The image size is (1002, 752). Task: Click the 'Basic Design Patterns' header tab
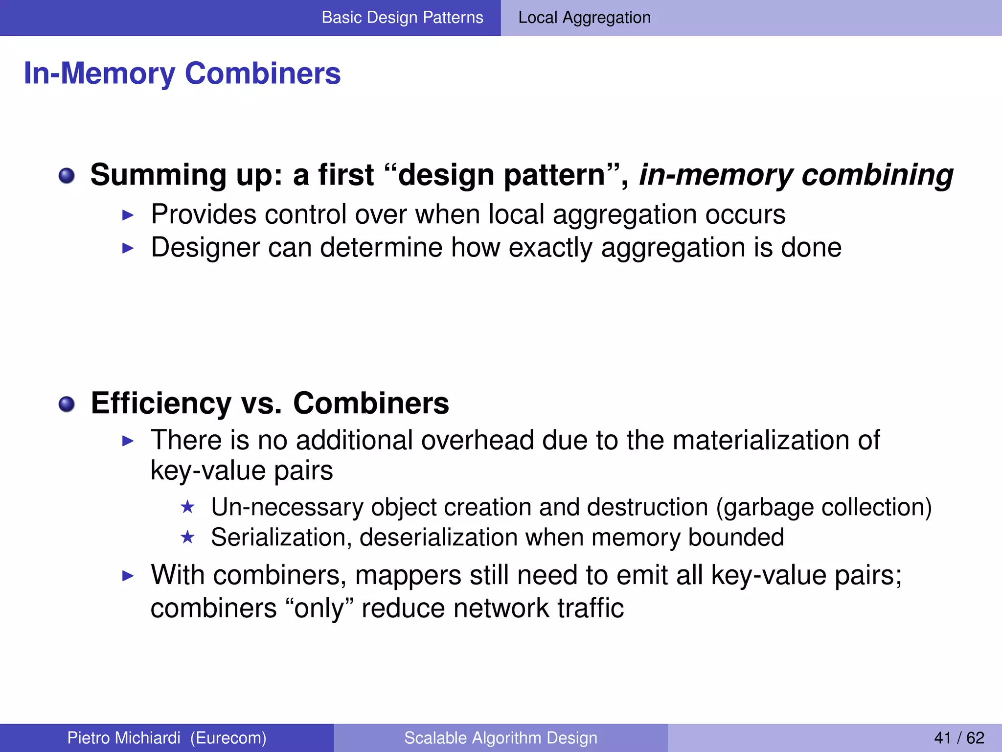tap(402, 18)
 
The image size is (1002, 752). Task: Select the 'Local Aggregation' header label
tap(584, 18)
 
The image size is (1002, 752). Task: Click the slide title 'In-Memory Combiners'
tap(182, 73)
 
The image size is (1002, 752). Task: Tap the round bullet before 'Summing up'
tap(67, 176)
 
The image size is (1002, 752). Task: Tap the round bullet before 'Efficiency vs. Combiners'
tap(67, 404)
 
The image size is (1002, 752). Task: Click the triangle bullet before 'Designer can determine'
tap(128, 248)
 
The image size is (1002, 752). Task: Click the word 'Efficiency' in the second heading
tap(161, 403)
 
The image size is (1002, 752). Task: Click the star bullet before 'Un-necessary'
tap(187, 507)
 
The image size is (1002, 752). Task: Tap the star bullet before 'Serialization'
tap(187, 538)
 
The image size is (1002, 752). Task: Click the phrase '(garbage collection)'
tap(824, 507)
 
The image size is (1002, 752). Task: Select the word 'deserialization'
tap(438, 538)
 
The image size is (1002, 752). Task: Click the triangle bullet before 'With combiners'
tap(128, 576)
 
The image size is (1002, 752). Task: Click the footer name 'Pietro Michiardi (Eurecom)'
tap(167, 738)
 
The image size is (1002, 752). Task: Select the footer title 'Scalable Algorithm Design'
tap(501, 738)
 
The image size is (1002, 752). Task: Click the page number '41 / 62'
tap(959, 738)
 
